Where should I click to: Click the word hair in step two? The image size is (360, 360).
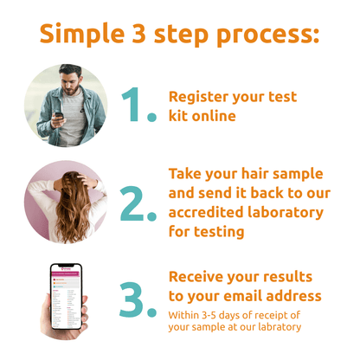pos(267,173)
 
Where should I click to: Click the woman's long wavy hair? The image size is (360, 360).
pos(68,212)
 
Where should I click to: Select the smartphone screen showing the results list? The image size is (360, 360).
pos(66,299)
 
